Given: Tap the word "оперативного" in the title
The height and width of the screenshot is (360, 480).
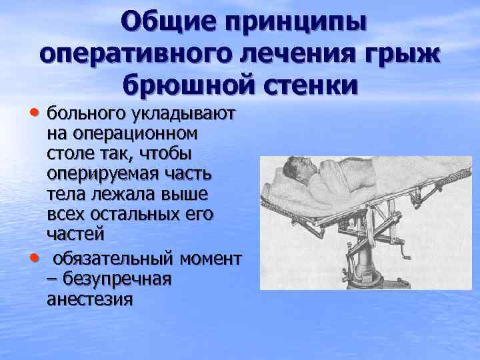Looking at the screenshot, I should click(x=124, y=55).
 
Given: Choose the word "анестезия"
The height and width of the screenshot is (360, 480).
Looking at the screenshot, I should click(x=89, y=298).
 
